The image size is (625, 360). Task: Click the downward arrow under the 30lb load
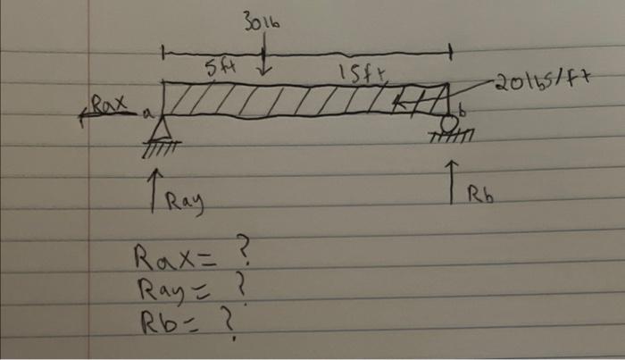click(x=264, y=68)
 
